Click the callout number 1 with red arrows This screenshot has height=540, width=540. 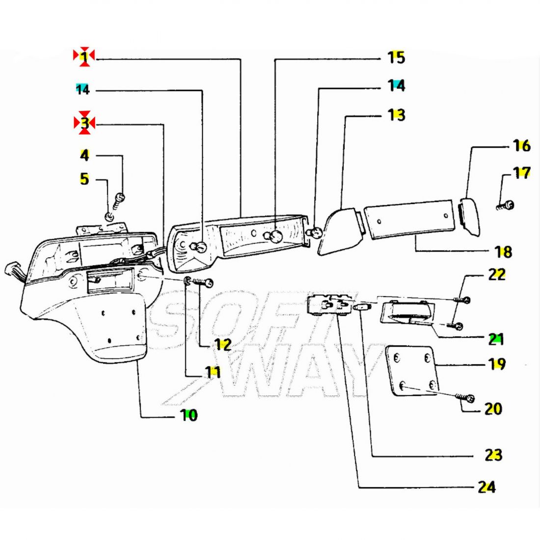[x=83, y=56]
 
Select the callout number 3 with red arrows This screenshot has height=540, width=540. [x=84, y=123]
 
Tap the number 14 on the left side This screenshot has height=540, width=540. [x=82, y=89]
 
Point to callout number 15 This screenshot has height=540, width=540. [x=396, y=57]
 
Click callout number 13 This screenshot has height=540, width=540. [x=396, y=115]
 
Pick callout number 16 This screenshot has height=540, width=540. [x=522, y=146]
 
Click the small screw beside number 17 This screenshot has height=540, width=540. [x=506, y=206]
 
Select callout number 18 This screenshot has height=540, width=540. [x=504, y=252]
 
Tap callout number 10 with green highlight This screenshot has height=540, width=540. [x=189, y=415]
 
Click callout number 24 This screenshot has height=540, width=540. [x=486, y=487]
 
